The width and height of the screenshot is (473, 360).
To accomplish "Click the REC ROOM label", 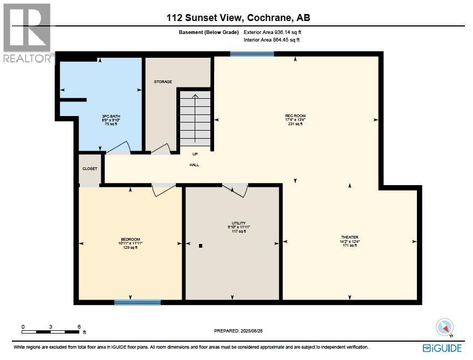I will [x=295, y=116].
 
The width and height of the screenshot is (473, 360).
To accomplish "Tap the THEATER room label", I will [x=349, y=237].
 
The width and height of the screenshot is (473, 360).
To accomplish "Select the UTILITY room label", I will [x=238, y=223].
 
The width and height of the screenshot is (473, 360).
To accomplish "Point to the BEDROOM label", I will [x=130, y=239].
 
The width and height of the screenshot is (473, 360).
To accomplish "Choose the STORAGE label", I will [x=163, y=81].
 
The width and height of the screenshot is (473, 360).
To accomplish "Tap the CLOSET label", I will [x=90, y=168].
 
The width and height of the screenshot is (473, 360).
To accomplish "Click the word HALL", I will [x=194, y=165].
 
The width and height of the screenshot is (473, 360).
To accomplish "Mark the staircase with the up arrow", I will [x=195, y=118].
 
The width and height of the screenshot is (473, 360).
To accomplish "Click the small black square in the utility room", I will [x=201, y=246].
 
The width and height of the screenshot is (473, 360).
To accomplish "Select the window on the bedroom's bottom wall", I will [x=137, y=302].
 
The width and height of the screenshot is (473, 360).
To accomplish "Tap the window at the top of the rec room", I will [x=252, y=53].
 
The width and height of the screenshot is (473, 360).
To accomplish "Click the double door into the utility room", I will [x=235, y=189].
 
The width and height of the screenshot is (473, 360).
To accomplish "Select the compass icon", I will [x=444, y=327].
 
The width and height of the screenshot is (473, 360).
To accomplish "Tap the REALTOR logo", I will [x=27, y=32].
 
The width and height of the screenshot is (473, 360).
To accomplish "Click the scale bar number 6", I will [x=79, y=327].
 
